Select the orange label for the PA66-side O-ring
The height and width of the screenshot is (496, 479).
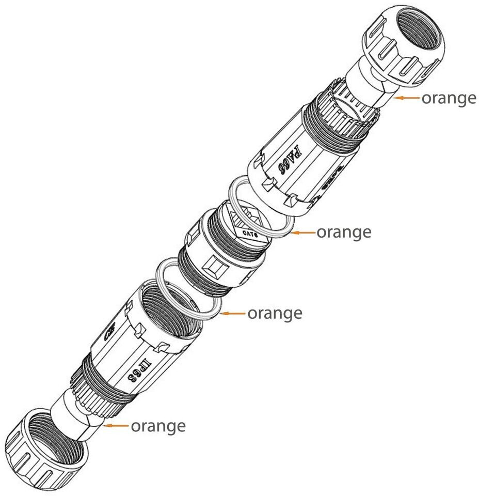coord(343,233)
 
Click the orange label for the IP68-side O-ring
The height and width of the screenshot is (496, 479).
coord(275,313)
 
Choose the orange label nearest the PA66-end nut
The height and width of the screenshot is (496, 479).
coord(449,98)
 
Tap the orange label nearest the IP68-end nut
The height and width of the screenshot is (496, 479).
coord(157,426)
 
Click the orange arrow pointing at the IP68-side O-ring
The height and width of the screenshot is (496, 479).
coord(233,313)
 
